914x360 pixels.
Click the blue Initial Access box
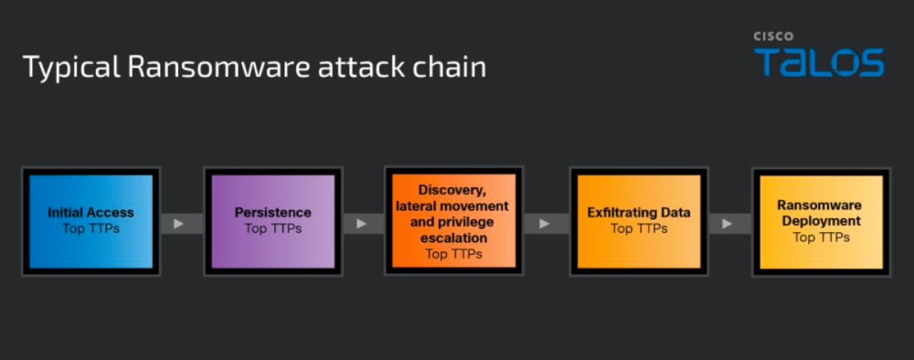(90, 221)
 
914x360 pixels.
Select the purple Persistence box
(272, 221)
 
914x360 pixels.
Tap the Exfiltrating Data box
(639, 221)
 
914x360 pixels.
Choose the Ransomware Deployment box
(822, 221)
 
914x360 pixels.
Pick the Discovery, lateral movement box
(454, 221)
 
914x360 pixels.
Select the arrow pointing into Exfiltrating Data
(547, 224)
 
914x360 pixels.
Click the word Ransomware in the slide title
(219, 67)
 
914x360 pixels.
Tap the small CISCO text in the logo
(773, 37)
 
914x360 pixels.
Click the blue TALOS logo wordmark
(819, 62)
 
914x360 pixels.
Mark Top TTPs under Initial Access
(90, 228)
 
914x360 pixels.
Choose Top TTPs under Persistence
(272, 228)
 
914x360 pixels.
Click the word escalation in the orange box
(453, 238)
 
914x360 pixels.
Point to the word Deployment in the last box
(822, 221)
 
